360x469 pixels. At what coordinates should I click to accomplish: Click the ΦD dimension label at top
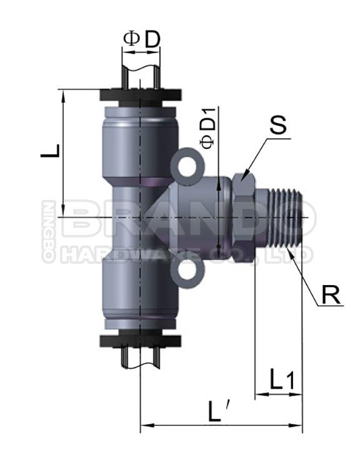(141, 38)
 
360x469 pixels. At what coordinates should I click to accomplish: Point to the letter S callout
(277, 124)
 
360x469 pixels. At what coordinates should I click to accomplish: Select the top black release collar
(141, 96)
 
